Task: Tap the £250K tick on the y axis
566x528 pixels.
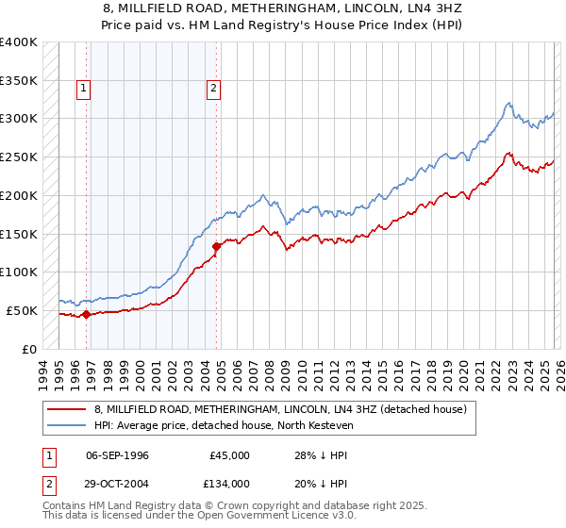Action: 19,157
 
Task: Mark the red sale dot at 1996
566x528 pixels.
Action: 86,315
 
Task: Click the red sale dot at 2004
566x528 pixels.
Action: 217,246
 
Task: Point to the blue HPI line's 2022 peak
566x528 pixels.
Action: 508,103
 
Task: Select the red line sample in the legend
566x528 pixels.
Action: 67,410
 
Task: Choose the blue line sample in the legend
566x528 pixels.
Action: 67,426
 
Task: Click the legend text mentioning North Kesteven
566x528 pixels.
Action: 223,426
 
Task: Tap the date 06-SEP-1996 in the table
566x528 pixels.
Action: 117,455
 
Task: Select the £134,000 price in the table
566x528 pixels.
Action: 229,483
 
